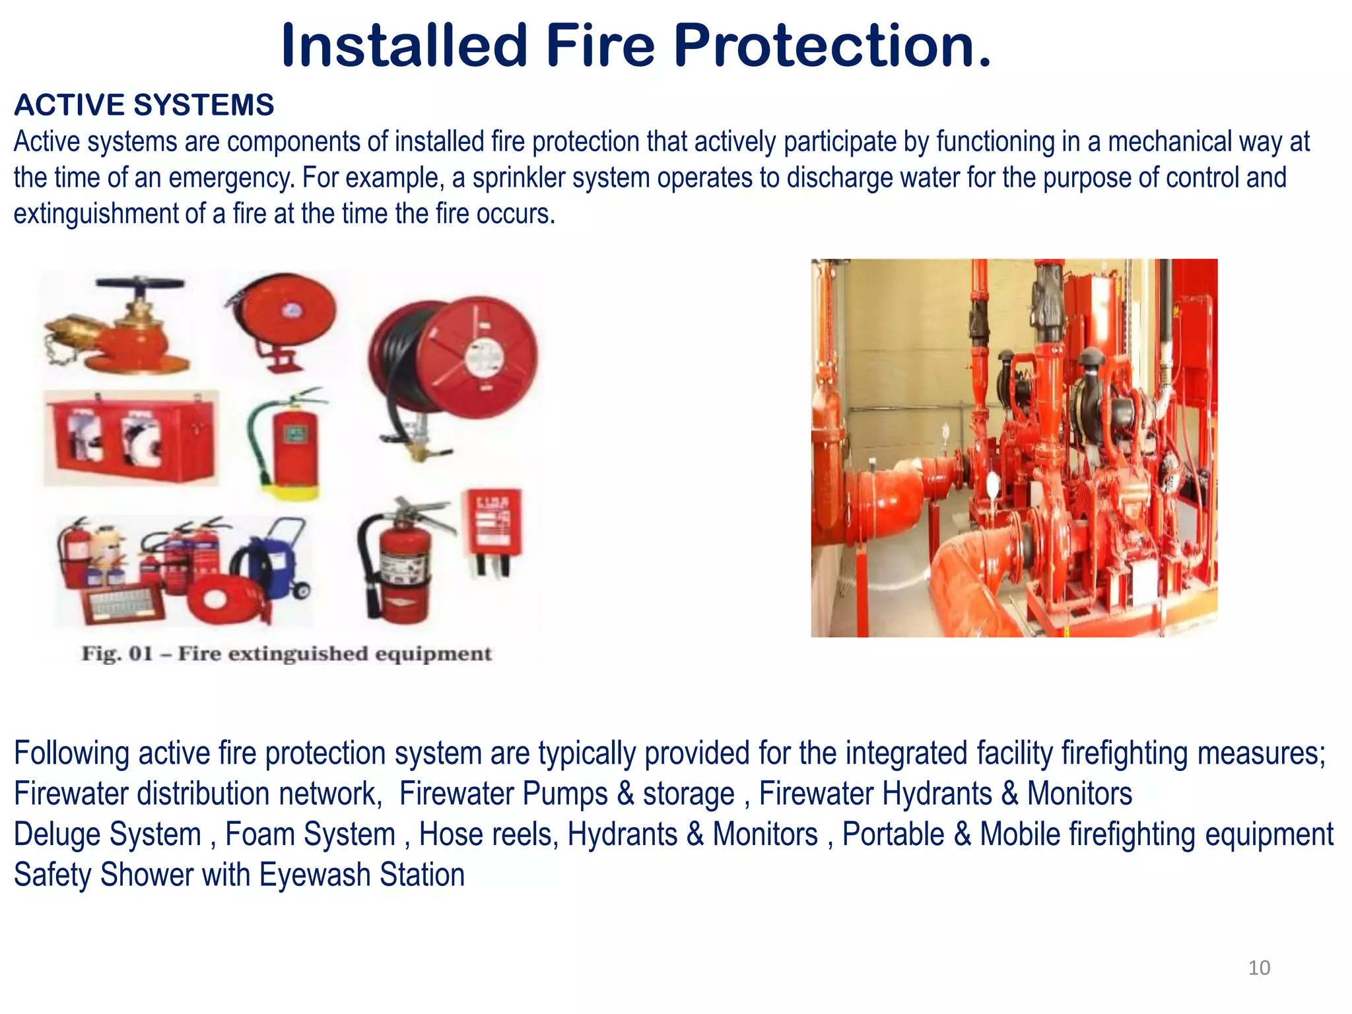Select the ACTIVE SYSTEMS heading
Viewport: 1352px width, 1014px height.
pos(144,105)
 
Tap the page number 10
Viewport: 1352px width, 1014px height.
pos(1259,968)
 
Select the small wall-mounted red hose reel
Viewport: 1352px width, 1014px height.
pos(284,317)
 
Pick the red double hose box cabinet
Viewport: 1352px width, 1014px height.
pos(131,437)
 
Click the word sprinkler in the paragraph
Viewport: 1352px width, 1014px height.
pos(518,178)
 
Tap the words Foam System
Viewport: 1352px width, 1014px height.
pos(310,834)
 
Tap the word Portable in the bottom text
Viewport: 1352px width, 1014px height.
pos(893,834)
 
